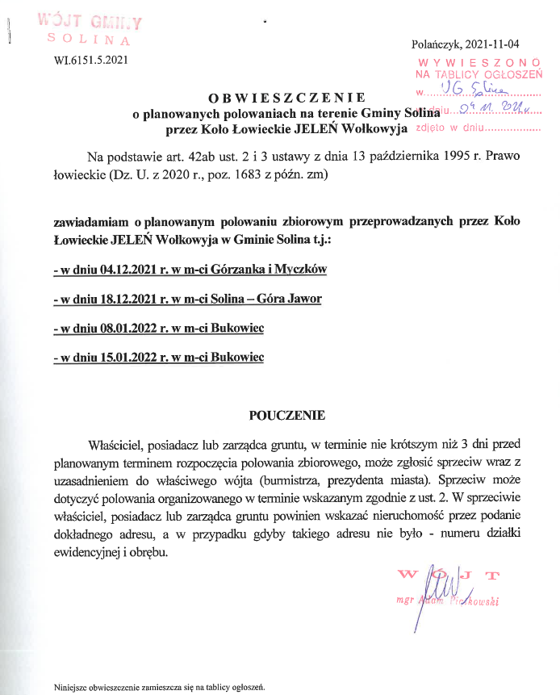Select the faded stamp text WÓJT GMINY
point(90,22)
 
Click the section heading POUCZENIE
point(287,417)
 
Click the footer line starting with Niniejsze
point(160,688)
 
